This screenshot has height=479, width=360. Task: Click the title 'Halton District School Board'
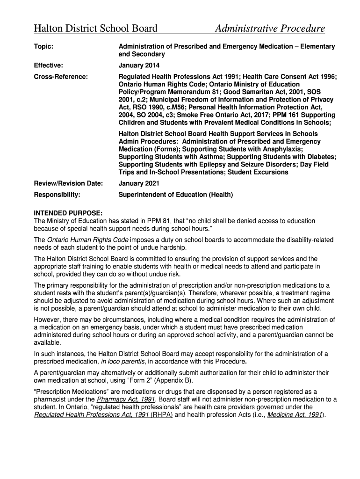point(95,29)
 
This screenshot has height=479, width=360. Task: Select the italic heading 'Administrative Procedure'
point(270,29)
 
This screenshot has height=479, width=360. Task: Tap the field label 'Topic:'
point(43,47)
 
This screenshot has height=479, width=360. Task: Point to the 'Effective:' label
point(49,65)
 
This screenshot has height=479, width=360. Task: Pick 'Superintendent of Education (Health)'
point(176,194)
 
